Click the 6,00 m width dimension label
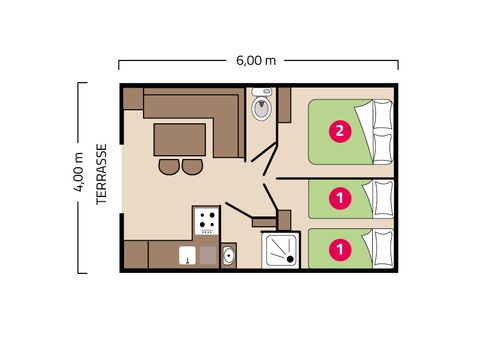click(257, 59)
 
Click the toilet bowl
click(262, 107)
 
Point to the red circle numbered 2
click(340, 131)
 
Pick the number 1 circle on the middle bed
click(340, 198)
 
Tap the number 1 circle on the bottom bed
click(340, 246)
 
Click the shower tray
click(281, 250)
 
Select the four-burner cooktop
click(207, 220)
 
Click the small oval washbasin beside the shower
click(229, 255)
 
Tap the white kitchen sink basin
click(187, 255)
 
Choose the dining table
click(180, 139)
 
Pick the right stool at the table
click(192, 166)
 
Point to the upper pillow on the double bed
click(382, 114)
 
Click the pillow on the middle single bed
click(382, 196)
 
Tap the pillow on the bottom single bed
click(382, 246)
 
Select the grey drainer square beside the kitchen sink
click(208, 255)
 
